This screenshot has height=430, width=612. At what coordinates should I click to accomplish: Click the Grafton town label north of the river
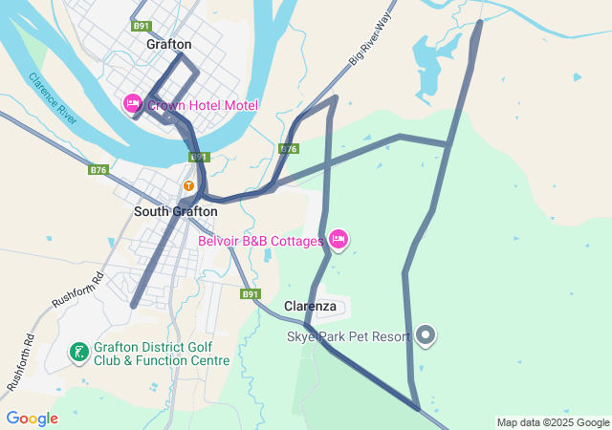click(169, 44)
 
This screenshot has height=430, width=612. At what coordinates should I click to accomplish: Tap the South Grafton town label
click(175, 211)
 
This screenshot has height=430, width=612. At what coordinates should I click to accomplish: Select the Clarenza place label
click(311, 307)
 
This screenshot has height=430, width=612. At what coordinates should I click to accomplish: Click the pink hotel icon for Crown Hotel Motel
click(133, 103)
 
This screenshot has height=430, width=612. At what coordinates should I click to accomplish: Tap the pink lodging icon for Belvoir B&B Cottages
click(338, 239)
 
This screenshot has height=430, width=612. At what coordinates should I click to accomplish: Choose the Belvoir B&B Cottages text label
click(260, 241)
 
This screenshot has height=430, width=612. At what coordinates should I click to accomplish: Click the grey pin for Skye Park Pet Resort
click(426, 335)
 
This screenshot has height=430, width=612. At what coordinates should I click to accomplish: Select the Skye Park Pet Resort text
click(348, 336)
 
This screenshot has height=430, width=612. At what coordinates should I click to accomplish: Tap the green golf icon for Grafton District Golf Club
click(79, 353)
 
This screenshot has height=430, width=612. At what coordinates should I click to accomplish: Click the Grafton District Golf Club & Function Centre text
click(162, 354)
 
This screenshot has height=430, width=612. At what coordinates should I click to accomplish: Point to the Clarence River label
click(53, 97)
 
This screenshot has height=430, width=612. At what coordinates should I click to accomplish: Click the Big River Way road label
click(371, 45)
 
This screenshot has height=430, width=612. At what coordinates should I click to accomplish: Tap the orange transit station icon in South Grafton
click(189, 184)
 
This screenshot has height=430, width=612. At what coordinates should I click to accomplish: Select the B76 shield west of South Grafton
click(98, 170)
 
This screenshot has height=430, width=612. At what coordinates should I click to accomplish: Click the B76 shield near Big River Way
click(289, 149)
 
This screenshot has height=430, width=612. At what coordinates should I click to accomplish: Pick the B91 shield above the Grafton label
click(142, 26)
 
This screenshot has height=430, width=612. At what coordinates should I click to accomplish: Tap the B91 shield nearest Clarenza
click(251, 294)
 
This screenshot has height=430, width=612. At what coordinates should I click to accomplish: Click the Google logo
click(32, 419)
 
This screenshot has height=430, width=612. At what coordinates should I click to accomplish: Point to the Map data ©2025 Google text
click(553, 422)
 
